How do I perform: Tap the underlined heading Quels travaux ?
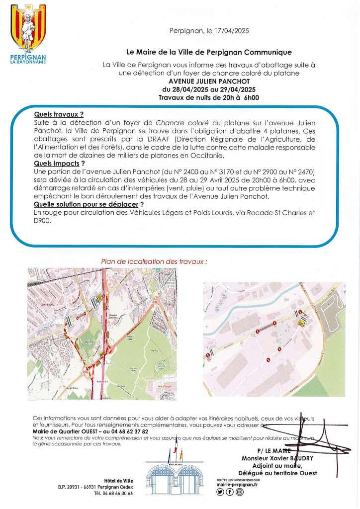59,114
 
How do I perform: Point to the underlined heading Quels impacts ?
59,163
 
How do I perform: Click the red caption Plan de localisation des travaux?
154,261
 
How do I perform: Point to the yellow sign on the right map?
301,323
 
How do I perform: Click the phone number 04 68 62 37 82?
126,431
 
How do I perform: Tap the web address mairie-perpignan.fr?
238,485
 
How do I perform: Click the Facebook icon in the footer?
230,493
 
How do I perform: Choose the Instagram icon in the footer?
239,493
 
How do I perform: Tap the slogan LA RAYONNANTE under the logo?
28,62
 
